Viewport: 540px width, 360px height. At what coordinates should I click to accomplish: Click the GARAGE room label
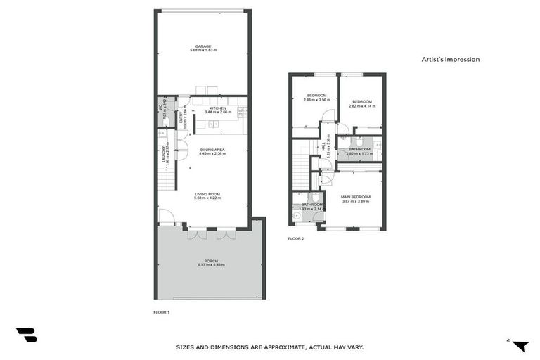203,46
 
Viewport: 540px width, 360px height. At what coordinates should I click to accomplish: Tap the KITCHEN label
217,108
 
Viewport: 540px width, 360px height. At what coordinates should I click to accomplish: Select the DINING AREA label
212,149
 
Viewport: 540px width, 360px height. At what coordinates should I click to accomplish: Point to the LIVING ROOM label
207,194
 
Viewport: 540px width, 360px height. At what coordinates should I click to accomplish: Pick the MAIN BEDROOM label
355,197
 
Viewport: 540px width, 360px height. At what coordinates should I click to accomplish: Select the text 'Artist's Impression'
451,60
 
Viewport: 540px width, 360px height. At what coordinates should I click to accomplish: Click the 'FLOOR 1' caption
162,311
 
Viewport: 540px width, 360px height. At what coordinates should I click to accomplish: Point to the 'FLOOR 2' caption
296,239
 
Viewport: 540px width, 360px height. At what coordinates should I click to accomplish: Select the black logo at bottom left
26,335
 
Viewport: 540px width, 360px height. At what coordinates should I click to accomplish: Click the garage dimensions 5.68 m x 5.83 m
203,51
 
